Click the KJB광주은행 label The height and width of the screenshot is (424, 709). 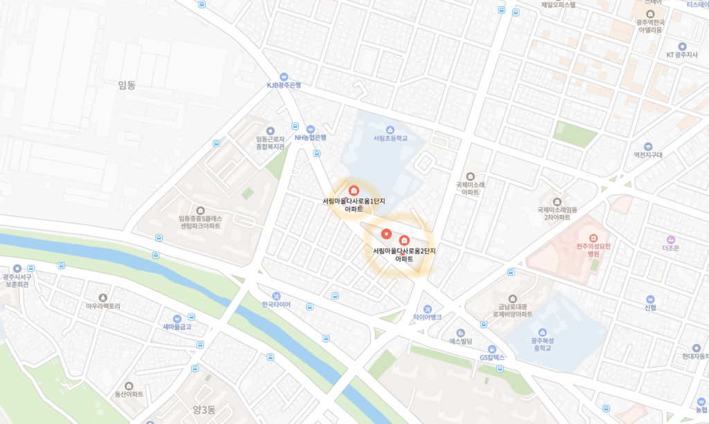pos(284,85)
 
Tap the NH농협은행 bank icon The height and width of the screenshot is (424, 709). pos(310,129)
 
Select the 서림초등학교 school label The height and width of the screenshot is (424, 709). pos(391,138)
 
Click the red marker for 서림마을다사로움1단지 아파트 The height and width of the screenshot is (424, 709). pos(353,190)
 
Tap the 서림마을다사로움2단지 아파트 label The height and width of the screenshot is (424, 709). pos(404,254)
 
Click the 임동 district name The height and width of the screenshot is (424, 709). pos(127,85)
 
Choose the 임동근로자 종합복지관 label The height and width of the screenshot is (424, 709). pos(270,142)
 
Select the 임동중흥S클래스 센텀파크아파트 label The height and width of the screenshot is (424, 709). pos(200,221)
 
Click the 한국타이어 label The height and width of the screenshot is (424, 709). pos(276,304)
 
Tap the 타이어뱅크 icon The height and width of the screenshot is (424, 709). pos(427,308)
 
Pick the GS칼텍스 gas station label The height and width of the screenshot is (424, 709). pos(492,358)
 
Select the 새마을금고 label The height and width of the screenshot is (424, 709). pos(177,326)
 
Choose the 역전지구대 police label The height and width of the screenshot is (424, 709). pos(648,155)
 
